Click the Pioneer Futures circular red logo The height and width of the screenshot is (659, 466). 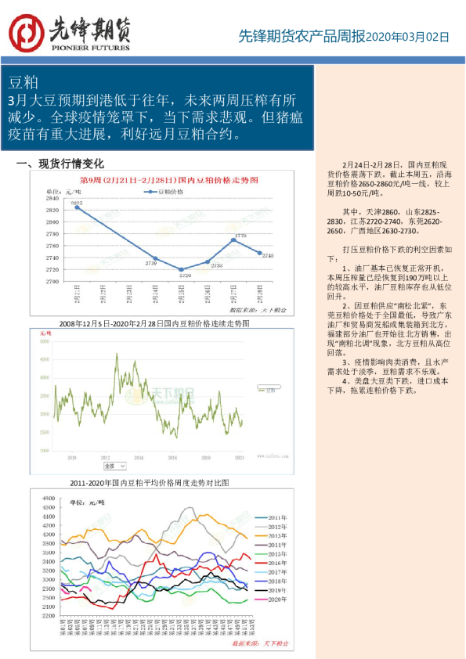[x=27, y=32]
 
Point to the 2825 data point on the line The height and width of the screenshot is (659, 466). [x=77, y=207]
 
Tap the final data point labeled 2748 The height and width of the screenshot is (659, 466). [x=260, y=252]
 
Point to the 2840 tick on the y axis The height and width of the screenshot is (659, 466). [x=54, y=199]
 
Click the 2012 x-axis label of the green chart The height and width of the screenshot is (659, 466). [x=105, y=455]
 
